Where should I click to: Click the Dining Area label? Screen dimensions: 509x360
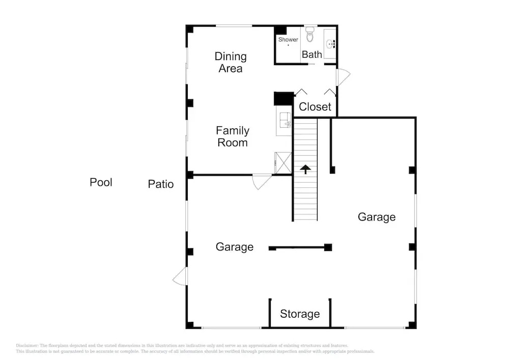[x=231, y=62]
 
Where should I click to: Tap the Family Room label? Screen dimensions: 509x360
[x=233, y=136]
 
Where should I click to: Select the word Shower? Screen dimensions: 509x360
[x=288, y=39]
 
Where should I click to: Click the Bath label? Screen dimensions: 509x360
[x=312, y=54]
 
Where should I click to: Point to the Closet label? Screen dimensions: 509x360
[x=315, y=106]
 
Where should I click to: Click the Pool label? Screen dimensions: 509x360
[x=101, y=182]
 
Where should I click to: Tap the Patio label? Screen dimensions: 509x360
[x=161, y=184]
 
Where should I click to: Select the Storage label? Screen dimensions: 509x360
[x=300, y=314]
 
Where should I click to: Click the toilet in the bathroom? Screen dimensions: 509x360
[x=310, y=35]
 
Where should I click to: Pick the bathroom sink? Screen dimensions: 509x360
[x=330, y=43]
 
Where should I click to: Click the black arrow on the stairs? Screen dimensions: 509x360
[x=305, y=169]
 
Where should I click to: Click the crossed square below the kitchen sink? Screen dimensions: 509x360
[x=283, y=163]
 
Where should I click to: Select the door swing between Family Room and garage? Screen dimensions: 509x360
[x=262, y=182]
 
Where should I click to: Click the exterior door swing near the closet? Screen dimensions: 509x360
[x=344, y=77]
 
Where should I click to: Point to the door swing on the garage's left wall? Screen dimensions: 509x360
[x=180, y=276]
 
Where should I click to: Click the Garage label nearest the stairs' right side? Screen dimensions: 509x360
[x=377, y=217]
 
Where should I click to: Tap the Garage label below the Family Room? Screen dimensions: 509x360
[x=234, y=247]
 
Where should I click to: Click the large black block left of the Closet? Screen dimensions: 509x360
[x=284, y=99]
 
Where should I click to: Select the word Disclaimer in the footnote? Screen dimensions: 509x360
[x=27, y=345]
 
